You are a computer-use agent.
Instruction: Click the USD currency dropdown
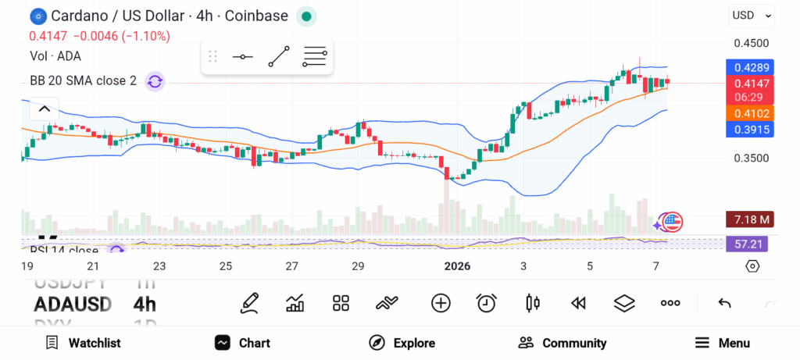[752, 15]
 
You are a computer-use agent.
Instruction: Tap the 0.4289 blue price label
[750, 67]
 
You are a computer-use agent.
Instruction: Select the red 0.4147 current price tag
[750, 82]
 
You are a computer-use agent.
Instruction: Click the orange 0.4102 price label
[750, 113]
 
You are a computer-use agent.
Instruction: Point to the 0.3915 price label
[750, 130]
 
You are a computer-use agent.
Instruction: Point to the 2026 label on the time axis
[457, 266]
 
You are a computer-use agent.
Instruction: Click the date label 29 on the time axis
[358, 266]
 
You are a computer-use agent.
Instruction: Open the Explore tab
[402, 343]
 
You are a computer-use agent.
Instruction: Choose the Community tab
[562, 343]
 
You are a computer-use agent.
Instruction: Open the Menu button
[723, 343]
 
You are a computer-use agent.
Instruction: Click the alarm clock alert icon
[487, 303]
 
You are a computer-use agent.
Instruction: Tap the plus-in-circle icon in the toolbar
[441, 303]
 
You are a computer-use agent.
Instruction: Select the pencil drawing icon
[249, 303]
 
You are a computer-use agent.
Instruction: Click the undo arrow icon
[724, 303]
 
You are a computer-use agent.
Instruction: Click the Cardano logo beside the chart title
[37, 16]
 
